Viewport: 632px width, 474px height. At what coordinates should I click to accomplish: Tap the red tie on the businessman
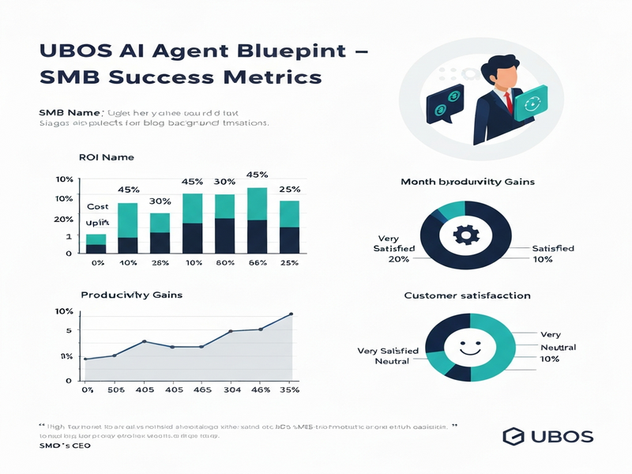(x=509, y=100)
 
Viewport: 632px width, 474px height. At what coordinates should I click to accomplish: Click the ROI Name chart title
(x=107, y=158)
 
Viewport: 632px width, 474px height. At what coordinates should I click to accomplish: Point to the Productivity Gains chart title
(x=132, y=295)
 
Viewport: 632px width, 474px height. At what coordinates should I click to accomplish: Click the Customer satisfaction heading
(x=467, y=295)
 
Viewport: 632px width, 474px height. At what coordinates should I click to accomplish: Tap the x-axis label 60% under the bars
(x=224, y=262)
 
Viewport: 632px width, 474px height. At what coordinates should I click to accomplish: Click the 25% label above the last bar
(x=290, y=190)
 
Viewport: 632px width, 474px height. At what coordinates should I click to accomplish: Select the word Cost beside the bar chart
(x=97, y=205)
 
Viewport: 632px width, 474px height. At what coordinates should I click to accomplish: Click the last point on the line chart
(x=291, y=314)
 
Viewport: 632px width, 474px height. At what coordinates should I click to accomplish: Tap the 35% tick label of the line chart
(x=290, y=389)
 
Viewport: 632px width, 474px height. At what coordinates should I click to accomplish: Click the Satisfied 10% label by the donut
(x=552, y=254)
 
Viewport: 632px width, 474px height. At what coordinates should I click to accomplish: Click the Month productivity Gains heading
(x=468, y=182)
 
